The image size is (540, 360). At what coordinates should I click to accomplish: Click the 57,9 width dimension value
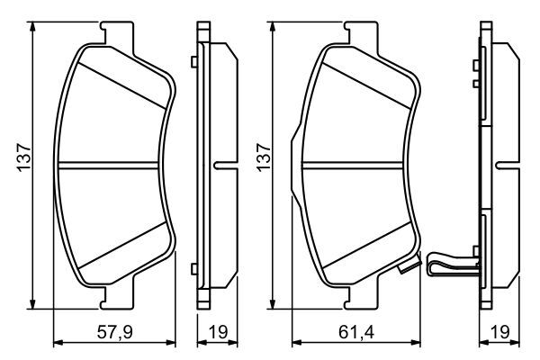coord(114,333)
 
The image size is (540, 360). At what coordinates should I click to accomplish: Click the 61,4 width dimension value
coord(355,333)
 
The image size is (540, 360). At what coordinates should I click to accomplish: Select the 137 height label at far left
coord(24,158)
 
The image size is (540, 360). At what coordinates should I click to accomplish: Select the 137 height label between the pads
coord(264,157)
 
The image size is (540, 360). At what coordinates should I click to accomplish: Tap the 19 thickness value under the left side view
coord(219,333)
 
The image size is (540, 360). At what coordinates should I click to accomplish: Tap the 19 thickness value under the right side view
coord(499,333)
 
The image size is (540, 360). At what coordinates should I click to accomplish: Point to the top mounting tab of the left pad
coord(116,33)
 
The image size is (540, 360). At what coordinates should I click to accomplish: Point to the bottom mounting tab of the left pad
coord(116,297)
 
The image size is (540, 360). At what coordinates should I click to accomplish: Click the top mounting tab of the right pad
coord(361,33)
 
